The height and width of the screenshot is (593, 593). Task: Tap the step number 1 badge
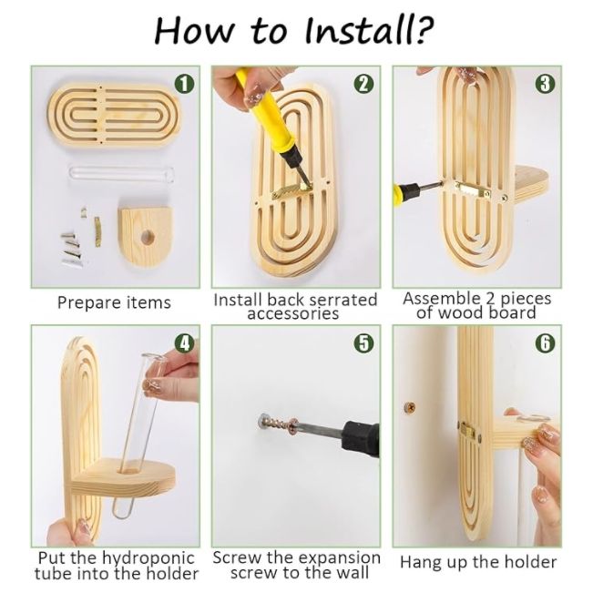coord(184,84)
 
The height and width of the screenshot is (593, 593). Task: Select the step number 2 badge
coord(363,84)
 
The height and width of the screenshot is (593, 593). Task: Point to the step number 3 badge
coord(545,84)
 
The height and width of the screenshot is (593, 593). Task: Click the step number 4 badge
coord(184,343)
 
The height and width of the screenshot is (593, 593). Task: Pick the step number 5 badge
coord(363,343)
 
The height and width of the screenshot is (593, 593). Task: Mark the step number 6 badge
coord(545,343)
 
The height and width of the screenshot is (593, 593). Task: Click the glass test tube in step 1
coord(121,174)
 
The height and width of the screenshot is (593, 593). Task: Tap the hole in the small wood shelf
coord(148,238)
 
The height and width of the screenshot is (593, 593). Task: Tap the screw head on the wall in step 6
coord(409,408)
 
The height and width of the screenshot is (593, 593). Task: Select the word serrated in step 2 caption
coord(342,300)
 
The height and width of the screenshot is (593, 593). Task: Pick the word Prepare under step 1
coord(89,303)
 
